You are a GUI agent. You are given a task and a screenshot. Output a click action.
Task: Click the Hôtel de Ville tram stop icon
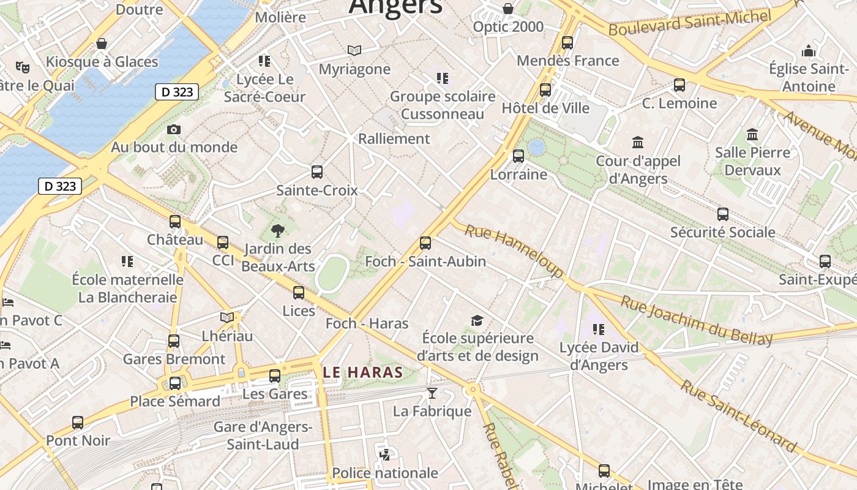pyautogui.click(x=545, y=90)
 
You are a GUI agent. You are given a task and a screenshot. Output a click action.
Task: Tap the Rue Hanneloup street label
pyautogui.click(x=514, y=251)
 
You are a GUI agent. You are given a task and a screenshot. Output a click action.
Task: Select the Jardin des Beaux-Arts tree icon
pyautogui.click(x=278, y=231)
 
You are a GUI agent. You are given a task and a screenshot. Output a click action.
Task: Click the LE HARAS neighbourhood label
pyautogui.click(x=362, y=372)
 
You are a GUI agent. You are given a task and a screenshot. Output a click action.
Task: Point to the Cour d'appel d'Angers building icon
pyautogui.click(x=638, y=143)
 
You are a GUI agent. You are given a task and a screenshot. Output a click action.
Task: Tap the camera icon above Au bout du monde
pyautogui.click(x=174, y=129)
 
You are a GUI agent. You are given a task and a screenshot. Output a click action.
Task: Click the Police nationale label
pyautogui.click(x=385, y=473)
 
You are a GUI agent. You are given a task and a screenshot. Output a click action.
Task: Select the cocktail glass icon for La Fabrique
pyautogui.click(x=432, y=393)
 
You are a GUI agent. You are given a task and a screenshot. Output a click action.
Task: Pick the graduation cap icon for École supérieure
pyautogui.click(x=477, y=320)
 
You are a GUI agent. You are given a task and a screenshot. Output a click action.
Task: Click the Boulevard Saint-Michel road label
pyautogui.click(x=689, y=22)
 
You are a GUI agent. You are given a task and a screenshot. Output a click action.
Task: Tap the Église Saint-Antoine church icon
pyautogui.click(x=809, y=51)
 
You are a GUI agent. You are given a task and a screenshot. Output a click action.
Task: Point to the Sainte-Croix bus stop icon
pyautogui.click(x=316, y=172)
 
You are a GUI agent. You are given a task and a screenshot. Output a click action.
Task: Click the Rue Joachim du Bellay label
pyautogui.click(x=696, y=320)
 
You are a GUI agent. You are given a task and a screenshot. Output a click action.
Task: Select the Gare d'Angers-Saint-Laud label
pyautogui.click(x=263, y=435)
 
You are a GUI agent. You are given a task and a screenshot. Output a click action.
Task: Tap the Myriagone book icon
pyautogui.click(x=354, y=51)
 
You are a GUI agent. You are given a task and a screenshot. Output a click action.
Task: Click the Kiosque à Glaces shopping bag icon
pyautogui.click(x=102, y=44)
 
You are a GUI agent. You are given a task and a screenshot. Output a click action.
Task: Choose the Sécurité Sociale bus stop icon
pyautogui.click(x=722, y=214)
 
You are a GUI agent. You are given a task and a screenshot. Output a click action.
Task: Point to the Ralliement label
pyautogui.click(x=394, y=138)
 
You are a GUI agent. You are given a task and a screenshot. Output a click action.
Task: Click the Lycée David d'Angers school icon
pyautogui.click(x=598, y=330)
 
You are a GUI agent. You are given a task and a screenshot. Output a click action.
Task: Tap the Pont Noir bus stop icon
pyautogui.click(x=78, y=423)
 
